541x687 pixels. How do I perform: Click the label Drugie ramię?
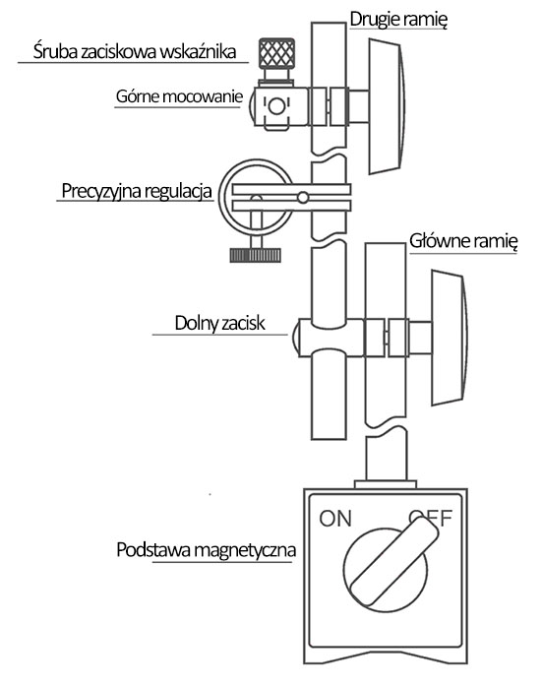coord(398,20)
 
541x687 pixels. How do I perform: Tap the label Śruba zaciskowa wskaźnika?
coord(135,51)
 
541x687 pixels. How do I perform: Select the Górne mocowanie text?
coord(179,96)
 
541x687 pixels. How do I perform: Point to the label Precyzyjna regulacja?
coord(137,191)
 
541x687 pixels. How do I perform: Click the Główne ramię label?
coord(463,241)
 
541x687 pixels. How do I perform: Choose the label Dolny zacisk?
coord(219,323)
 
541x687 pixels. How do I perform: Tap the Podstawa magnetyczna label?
coord(206,549)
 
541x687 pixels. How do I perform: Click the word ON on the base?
coord(335,519)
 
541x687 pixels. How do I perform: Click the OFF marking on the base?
coord(431,519)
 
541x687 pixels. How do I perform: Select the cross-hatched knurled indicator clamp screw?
coord(276,53)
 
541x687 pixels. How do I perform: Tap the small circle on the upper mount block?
coord(276,106)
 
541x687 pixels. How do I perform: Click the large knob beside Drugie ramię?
coord(387,106)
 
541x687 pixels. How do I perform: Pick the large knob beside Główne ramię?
coord(450,338)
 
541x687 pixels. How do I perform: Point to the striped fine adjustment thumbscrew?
coord(255,255)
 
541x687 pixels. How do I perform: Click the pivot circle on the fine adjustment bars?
coord(303,198)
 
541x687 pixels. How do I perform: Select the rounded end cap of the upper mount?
coord(252,106)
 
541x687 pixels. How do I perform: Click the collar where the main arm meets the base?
coord(386,484)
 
